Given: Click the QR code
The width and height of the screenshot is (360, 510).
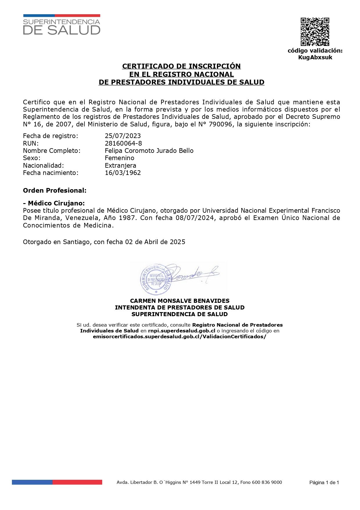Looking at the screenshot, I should point(315,32).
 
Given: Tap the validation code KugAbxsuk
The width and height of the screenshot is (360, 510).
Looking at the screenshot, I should point(315,57).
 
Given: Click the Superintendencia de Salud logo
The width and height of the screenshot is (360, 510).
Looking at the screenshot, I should point(62,25).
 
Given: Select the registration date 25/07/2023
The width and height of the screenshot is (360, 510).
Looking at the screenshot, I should point(123,136).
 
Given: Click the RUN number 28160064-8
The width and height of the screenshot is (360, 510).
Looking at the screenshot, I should point(123,143).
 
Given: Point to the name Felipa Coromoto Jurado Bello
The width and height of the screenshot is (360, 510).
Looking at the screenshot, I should point(149,151).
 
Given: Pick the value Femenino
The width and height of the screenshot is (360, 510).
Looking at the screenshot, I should point(119,158).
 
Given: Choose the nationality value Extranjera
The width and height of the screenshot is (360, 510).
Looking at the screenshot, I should point(120,165).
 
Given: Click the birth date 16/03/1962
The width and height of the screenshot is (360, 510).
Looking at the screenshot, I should point(123,173).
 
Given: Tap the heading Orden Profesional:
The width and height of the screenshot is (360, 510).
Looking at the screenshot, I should point(55,190).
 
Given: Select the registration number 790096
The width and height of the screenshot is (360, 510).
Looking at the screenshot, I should point(222,124).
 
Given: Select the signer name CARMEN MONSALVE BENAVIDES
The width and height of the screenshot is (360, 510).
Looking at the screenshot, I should point(180,301).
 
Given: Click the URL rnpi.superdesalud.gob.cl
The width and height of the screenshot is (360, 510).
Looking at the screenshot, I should point(181,331).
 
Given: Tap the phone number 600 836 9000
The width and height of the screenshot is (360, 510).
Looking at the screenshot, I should point(267,482).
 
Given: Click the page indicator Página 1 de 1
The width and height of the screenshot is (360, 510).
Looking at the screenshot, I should point(324,483).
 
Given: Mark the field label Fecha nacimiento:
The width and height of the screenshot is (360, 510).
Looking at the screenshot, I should point(51,173).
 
